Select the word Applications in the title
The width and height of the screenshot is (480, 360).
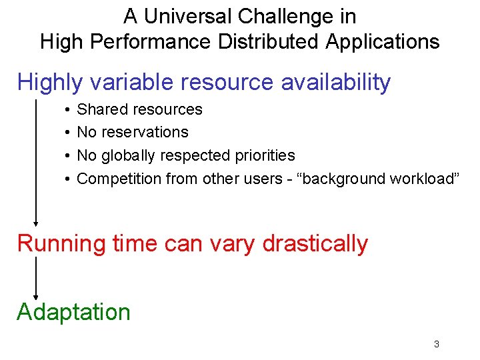383,42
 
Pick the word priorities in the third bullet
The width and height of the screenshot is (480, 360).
265,155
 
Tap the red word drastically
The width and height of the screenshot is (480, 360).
315,244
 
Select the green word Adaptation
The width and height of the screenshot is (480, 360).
73,312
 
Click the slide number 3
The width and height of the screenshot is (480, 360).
436,345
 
